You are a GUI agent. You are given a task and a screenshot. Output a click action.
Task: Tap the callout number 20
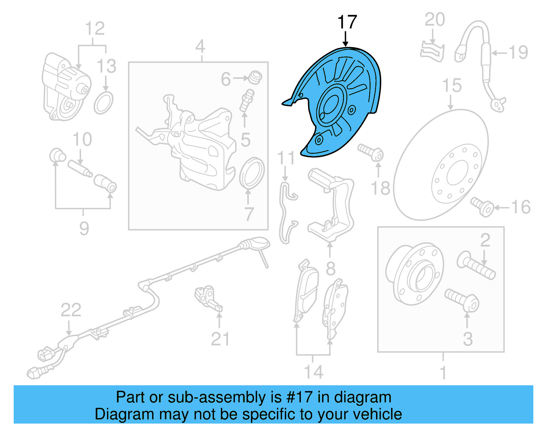(435, 19)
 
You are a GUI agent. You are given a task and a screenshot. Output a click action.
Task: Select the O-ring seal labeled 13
(104, 103)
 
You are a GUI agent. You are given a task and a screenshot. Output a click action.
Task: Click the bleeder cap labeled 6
(255, 78)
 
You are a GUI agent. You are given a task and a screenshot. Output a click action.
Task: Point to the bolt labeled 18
(371, 152)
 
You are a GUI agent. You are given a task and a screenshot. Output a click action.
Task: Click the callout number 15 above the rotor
(452, 85)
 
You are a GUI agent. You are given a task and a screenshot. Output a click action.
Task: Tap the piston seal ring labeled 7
(252, 173)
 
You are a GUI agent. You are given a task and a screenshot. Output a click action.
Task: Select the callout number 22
(71, 310)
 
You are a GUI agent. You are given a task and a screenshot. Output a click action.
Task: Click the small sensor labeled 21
(209, 298)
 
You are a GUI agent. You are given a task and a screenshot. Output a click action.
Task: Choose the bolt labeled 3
(462, 301)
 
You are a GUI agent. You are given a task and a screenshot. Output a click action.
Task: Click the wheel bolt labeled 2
(476, 265)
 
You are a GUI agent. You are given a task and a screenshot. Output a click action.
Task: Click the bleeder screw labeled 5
(247, 101)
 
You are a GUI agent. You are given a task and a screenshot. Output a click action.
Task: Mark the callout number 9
(84, 228)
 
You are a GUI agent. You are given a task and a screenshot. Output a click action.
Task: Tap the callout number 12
(95, 28)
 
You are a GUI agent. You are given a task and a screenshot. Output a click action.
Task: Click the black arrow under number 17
(346, 39)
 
